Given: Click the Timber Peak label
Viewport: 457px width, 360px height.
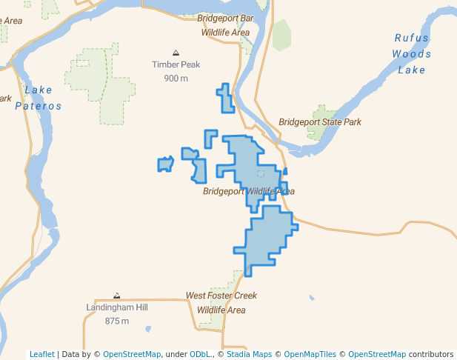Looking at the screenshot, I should pos(176,64).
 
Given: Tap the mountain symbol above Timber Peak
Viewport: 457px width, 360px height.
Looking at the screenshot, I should pos(176,53).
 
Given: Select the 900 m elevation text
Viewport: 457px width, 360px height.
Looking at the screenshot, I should pos(176,79).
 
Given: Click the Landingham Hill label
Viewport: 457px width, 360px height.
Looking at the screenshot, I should pos(117,307).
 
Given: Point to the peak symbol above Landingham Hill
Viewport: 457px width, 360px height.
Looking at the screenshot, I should pos(116,296).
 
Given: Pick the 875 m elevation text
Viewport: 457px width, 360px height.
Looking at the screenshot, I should pos(117,321).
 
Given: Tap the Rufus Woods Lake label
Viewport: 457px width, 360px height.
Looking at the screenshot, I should pos(412,54).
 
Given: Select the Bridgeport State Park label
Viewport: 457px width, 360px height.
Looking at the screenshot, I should pos(320,122).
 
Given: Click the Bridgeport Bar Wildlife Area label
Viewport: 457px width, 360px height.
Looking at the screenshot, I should pos(225,24).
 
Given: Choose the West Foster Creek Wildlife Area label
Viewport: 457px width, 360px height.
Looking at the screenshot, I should pos(221,303).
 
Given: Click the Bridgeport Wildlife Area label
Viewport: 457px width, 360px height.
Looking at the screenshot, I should pos(249,192).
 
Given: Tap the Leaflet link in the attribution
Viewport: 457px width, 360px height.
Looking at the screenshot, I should pos(41,354).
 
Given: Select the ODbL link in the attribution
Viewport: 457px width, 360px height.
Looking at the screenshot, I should pos(199,354).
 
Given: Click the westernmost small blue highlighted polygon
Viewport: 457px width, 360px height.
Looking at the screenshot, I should pos(164,164).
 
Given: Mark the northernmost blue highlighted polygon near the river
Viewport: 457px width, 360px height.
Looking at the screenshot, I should pos(225,99).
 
